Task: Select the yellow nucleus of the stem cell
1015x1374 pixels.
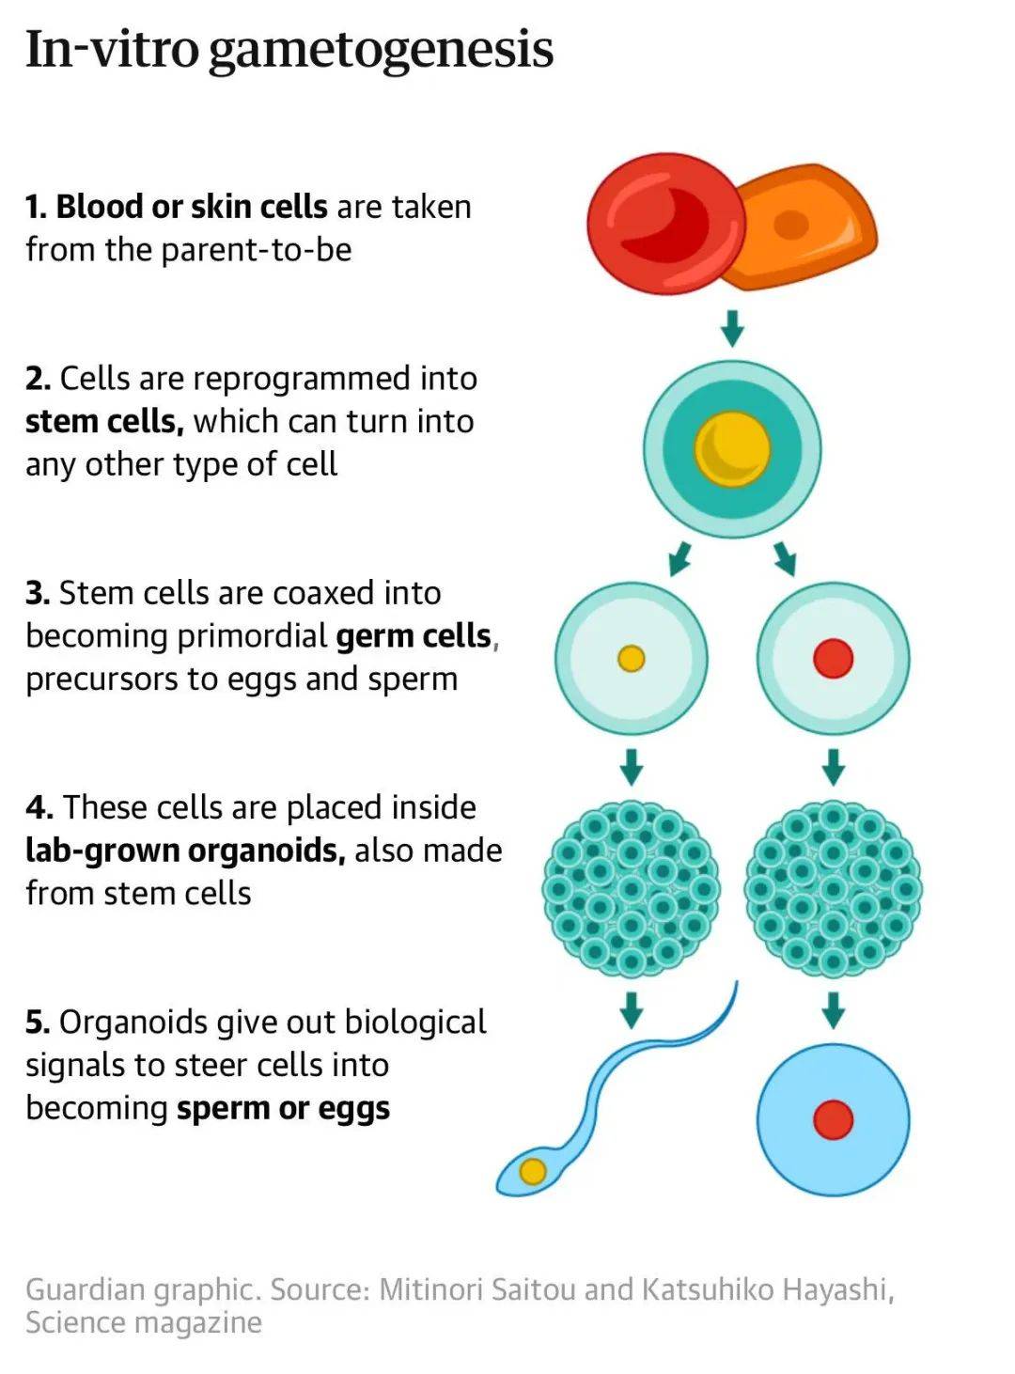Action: tap(732, 448)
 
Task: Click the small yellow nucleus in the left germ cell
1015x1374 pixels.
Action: tap(631, 658)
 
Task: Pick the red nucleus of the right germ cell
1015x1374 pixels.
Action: tap(833, 658)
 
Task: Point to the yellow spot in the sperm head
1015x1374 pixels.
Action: tap(533, 1171)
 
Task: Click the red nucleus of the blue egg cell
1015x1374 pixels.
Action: tap(833, 1119)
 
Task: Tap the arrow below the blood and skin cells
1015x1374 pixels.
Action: tap(732, 327)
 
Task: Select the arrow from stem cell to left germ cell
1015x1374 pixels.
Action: tap(679, 558)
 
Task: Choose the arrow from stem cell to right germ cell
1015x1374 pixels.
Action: tap(785, 558)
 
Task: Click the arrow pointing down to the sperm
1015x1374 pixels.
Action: tap(632, 1010)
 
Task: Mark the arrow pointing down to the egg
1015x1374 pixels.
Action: tap(833, 1010)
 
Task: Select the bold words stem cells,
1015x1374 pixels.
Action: tap(104, 421)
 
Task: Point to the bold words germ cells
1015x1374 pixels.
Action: tap(414, 636)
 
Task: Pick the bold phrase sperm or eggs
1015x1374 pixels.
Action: tap(283, 1108)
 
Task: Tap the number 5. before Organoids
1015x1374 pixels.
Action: tap(37, 1023)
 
